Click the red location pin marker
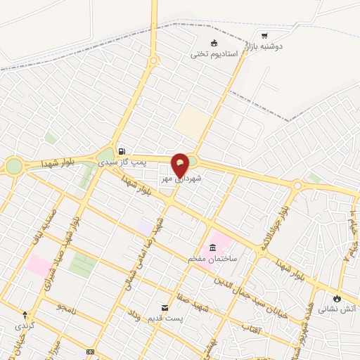coord(180,165)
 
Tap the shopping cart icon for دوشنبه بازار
coord(264,36)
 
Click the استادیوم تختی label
coord(214,53)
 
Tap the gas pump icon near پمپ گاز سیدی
coord(122,151)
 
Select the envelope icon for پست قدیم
coord(165,308)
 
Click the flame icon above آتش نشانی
coord(337,298)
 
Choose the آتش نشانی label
coord(337,309)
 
